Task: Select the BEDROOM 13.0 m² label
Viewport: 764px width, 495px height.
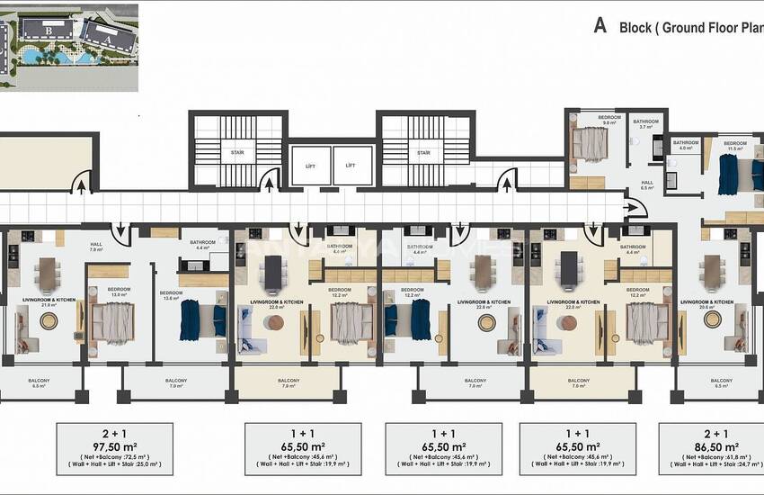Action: point(120,292)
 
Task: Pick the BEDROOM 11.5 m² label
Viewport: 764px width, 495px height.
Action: point(735,145)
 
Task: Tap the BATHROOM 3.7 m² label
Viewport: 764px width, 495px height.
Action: point(645,124)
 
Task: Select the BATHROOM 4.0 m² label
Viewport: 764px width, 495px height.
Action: point(687,145)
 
